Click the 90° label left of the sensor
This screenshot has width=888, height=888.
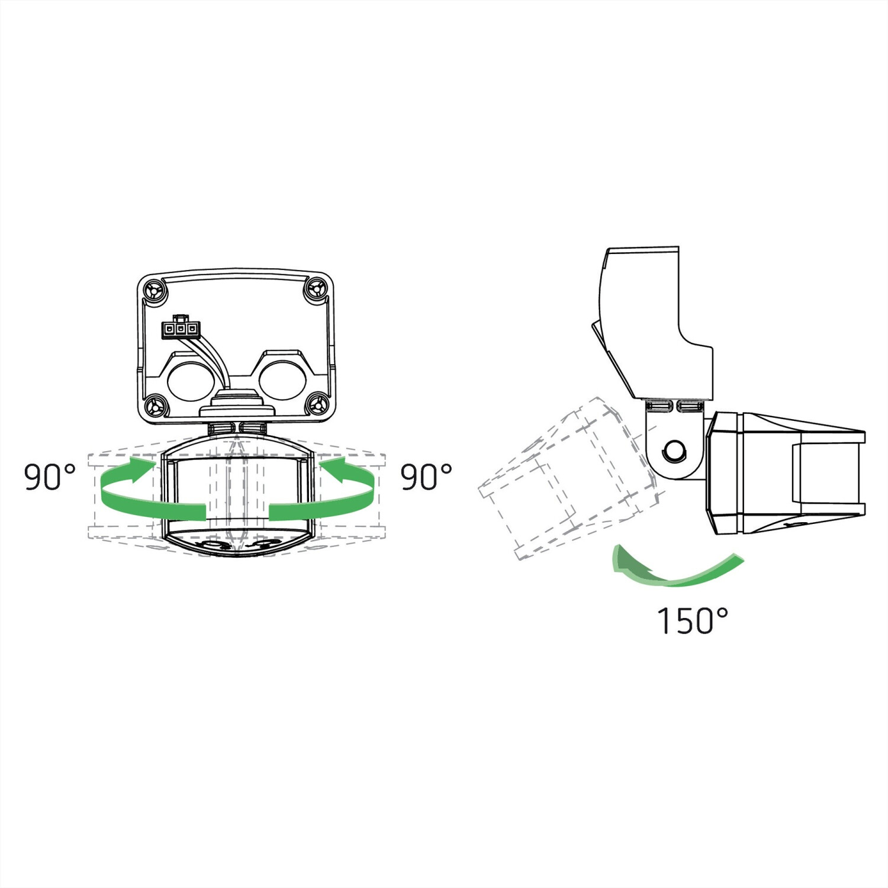coord(50,477)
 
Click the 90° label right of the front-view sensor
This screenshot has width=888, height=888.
coord(426,477)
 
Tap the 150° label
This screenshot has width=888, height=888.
coord(692,620)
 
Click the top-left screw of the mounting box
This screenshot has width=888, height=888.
coord(155,290)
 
